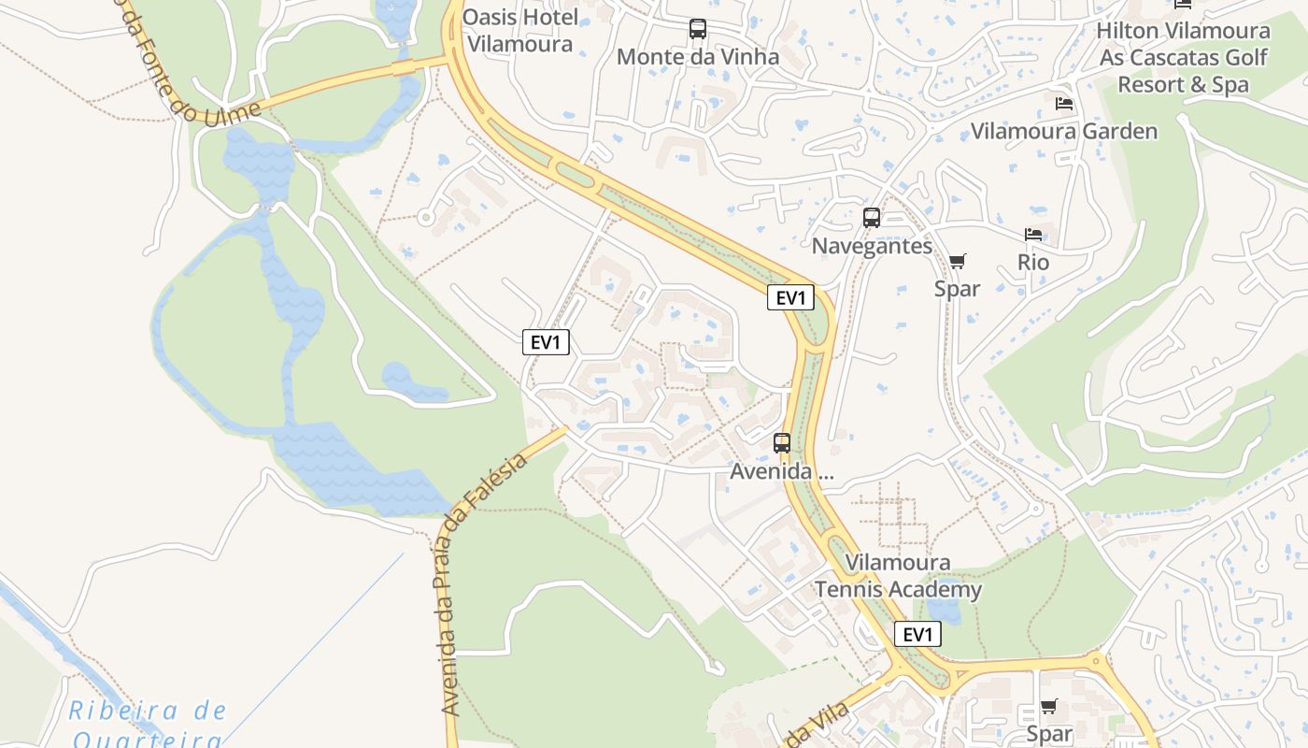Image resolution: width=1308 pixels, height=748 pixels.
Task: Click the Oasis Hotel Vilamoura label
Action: (x=519, y=30)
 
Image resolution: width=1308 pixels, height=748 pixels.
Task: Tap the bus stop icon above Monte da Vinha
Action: (x=698, y=29)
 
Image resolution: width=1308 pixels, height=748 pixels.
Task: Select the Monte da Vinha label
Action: (x=698, y=57)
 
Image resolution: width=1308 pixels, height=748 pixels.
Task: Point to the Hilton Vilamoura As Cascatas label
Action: (x=1183, y=57)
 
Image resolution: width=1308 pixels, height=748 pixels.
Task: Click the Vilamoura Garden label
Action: (x=1064, y=131)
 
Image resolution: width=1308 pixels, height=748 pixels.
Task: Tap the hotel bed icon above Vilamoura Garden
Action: (x=1063, y=103)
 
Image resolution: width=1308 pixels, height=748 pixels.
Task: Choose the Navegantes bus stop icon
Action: (x=872, y=218)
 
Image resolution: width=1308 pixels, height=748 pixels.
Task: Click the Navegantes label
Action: (x=872, y=246)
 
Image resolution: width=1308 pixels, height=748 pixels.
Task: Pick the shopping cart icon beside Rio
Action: (x=957, y=261)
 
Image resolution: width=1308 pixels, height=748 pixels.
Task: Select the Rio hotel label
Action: (x=1033, y=263)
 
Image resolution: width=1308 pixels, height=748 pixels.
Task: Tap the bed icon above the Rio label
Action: (x=1033, y=235)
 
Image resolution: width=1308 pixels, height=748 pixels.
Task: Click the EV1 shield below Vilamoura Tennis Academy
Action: (x=917, y=635)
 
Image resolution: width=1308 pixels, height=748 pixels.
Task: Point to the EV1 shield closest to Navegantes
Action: (x=790, y=298)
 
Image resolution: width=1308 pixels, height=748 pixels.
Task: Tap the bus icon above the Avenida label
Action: (x=782, y=443)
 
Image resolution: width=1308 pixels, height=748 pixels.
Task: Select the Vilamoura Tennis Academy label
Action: (x=898, y=576)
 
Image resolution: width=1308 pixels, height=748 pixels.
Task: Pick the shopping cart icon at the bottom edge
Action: (x=1048, y=707)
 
